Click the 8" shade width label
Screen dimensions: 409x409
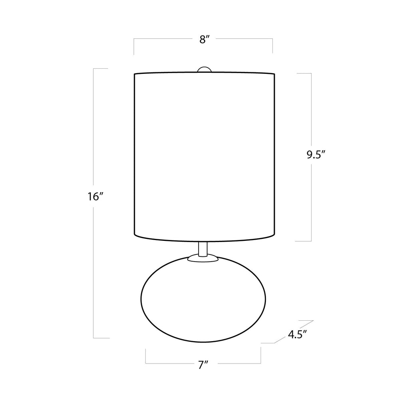click(x=204, y=40)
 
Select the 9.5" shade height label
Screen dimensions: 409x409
click(x=316, y=155)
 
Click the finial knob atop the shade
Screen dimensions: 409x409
click(x=204, y=69)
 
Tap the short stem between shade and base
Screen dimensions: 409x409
click(x=203, y=248)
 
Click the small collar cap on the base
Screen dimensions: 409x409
click(x=203, y=258)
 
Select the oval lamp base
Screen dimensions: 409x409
click(x=203, y=299)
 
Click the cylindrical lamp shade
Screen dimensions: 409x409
click(x=204, y=156)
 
